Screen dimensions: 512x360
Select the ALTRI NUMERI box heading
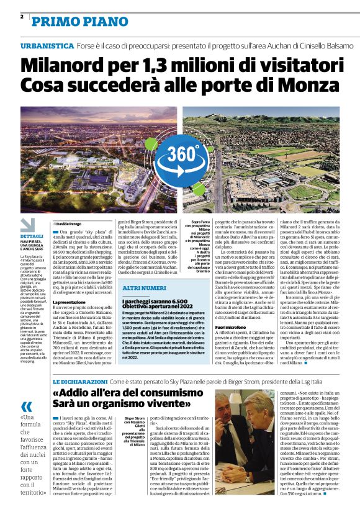pyautogui.click(x=143, y=289)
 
